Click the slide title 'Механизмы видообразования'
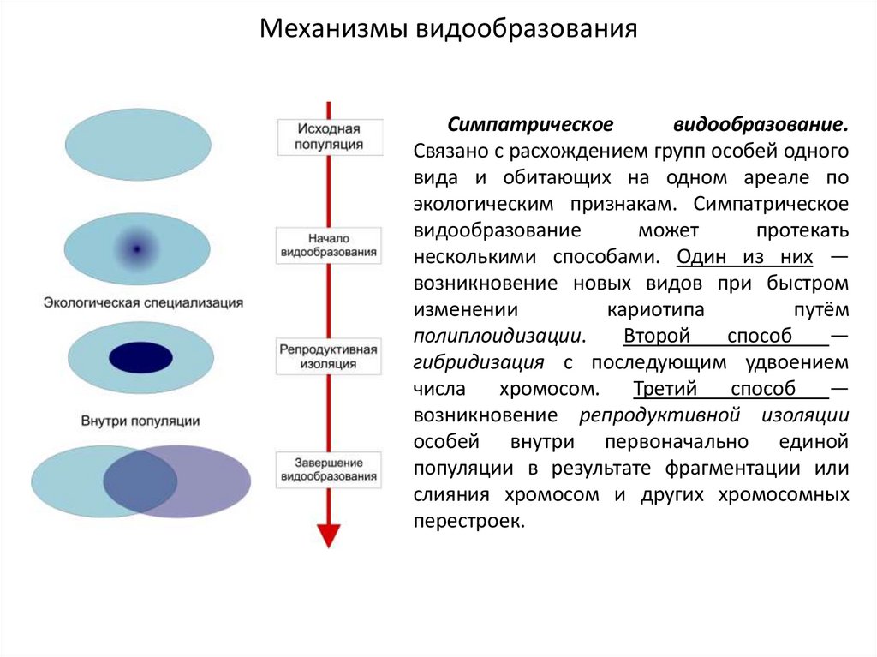coord(449,30)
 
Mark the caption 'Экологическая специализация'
coord(144,303)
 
